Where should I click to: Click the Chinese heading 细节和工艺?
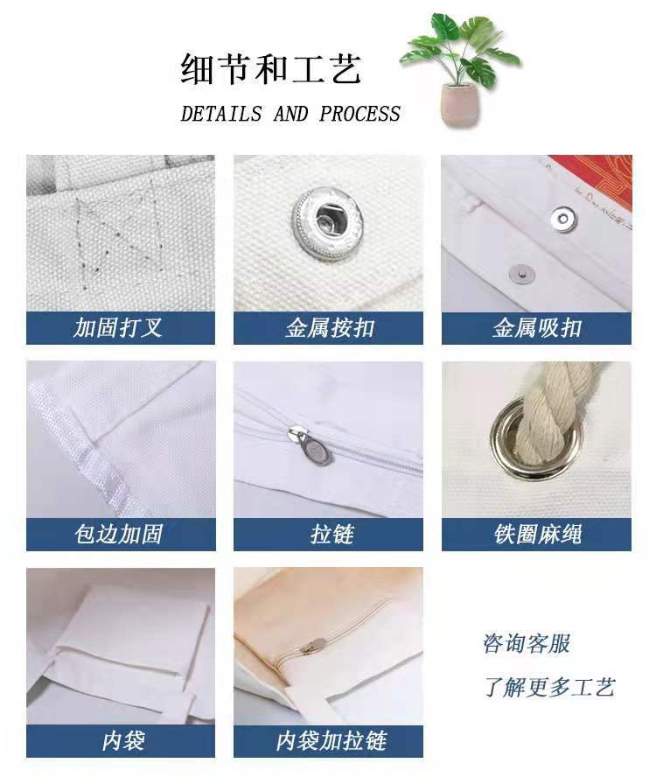[271, 69]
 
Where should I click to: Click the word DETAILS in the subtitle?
[220, 115]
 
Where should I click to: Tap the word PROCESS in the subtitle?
[359, 115]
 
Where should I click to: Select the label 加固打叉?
[118, 328]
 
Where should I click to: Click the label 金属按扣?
[329, 328]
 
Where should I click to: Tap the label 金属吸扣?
[536, 328]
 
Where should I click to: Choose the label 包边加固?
[118, 534]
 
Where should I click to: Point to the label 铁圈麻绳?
[537, 534]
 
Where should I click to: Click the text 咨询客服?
[527, 644]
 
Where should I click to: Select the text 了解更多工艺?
[549, 687]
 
